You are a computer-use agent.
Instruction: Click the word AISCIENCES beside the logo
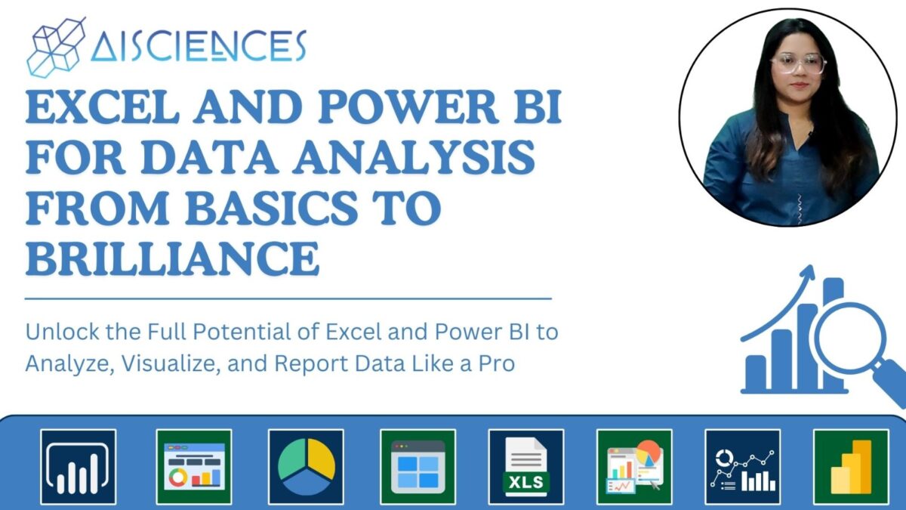coord(198,47)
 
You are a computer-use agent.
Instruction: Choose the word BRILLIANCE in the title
coord(172,257)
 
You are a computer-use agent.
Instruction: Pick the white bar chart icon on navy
coord(79,466)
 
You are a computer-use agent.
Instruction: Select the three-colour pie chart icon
coord(306,466)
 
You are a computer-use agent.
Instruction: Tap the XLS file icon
coord(526,466)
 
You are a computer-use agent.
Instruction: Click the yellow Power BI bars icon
coord(851,466)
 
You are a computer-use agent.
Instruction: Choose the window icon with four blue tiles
coord(418,466)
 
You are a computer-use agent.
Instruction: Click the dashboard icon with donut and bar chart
coord(194,466)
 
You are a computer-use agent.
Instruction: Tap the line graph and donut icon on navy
coord(742,466)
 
